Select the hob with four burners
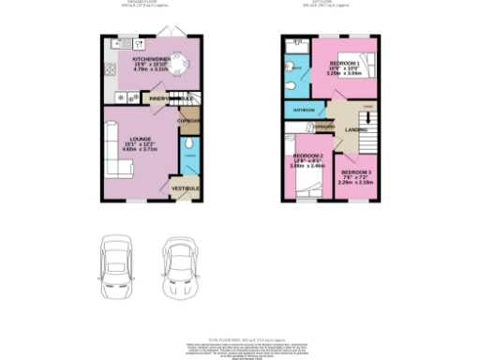click(x=118, y=97)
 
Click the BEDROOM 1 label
click(x=343, y=62)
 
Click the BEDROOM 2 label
click(x=308, y=156)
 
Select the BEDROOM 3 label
click(x=355, y=174)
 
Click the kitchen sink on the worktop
click(x=117, y=44)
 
